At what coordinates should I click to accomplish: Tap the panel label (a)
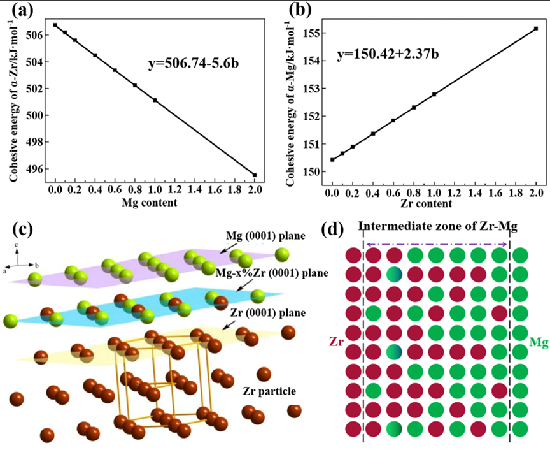(22, 10)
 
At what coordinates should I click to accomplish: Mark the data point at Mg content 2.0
(255, 175)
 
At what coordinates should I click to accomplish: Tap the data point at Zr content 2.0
(536, 29)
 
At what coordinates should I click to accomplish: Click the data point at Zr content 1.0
(434, 94)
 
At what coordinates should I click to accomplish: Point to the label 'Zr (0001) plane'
(268, 312)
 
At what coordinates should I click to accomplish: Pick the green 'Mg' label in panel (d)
(539, 343)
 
